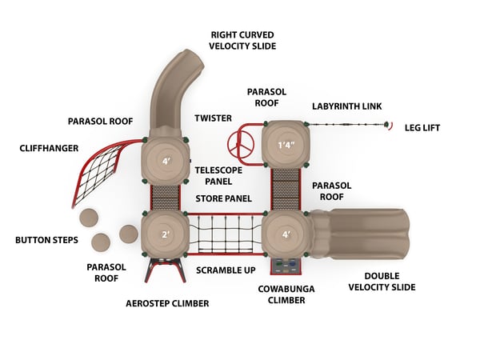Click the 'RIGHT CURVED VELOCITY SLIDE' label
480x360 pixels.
point(242,40)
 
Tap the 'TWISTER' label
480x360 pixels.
point(213,118)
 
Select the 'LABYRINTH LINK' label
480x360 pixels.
point(346,106)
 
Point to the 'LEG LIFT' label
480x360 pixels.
point(422,127)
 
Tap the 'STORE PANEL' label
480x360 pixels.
point(224,198)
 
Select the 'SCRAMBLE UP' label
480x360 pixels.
point(226,270)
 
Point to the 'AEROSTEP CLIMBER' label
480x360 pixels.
point(167,303)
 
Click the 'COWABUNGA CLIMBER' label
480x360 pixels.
point(281,294)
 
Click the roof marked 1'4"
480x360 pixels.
point(286,145)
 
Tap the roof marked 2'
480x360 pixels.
point(165,234)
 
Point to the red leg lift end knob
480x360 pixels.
point(389,124)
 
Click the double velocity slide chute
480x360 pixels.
point(364,234)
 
